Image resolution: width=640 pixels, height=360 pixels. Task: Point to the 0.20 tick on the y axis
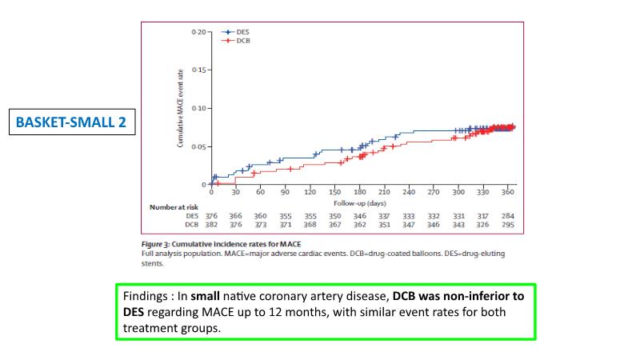coord(199,32)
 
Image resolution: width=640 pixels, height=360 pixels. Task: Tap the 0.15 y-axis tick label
coord(199,70)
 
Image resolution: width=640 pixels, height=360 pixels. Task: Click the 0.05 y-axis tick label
coord(199,146)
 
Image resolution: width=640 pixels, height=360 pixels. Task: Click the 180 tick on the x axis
coord(359,193)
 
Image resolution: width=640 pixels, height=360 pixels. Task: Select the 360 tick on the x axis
coord(507,193)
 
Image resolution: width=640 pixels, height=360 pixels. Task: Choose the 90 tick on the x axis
coord(285,193)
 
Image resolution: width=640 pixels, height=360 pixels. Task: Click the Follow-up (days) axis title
coord(359,204)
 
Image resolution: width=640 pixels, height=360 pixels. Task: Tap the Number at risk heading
coord(173,206)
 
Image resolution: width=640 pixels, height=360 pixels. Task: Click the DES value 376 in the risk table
coord(211,216)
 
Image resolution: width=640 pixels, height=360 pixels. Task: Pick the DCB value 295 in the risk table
coord(508,225)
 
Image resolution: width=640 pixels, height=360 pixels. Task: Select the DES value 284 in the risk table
coord(508,216)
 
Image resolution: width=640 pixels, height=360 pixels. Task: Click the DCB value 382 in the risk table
coord(211,225)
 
